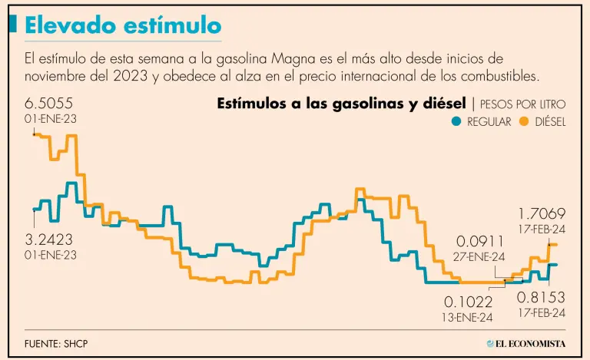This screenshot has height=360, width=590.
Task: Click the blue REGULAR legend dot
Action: [x=456, y=121]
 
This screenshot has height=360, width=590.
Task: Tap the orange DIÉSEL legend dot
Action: [x=525, y=121]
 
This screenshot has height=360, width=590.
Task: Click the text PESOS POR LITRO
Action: [x=524, y=104]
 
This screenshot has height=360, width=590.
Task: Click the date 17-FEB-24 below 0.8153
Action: [x=541, y=312]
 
